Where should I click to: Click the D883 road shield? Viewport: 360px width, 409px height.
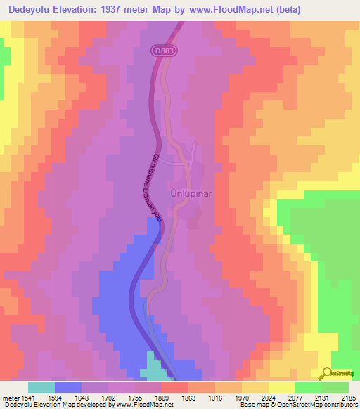point(161,51)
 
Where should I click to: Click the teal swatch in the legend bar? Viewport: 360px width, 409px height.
point(41,387)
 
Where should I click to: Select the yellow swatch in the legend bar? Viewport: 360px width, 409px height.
point(282,387)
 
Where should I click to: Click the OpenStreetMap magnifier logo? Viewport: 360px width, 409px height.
point(327,373)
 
